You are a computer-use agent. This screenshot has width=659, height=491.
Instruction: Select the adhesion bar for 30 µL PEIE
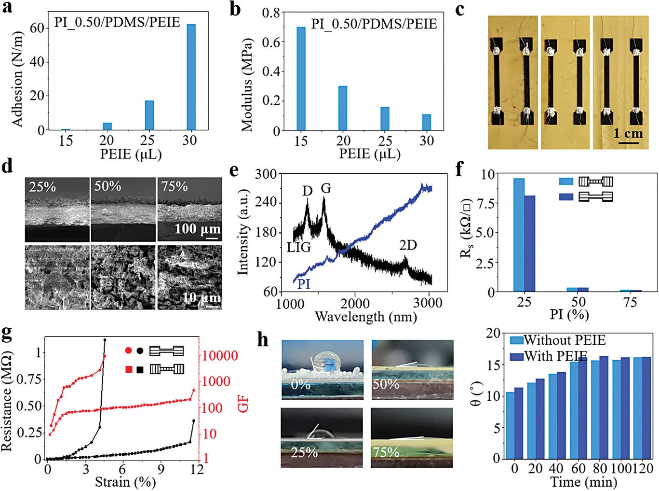[x=191, y=77]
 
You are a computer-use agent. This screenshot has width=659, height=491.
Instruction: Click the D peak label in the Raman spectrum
[x=307, y=191]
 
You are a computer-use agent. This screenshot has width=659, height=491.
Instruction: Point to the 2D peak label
[x=407, y=245]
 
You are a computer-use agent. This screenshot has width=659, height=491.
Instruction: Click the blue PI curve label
[x=303, y=284]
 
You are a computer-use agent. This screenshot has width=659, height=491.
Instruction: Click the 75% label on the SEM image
[x=175, y=186]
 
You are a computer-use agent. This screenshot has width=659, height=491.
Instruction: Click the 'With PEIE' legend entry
[x=555, y=356]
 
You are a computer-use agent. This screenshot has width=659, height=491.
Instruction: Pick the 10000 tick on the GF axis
[x=219, y=356]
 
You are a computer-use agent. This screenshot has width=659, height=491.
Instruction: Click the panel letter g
[x=7, y=333]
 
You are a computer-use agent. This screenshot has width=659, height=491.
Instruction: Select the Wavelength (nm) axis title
[x=365, y=317]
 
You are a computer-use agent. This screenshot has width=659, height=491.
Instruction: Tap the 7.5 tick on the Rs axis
[x=488, y=203]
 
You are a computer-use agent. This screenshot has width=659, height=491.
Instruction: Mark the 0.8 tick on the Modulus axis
[x=271, y=13]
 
